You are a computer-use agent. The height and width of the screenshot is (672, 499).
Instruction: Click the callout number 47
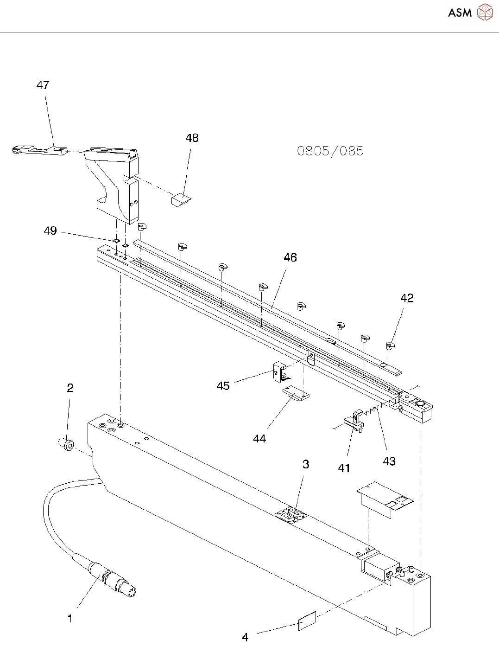tap(43, 85)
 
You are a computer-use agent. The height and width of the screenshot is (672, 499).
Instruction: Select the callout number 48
tap(192, 138)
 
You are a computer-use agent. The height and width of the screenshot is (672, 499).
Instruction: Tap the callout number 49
tap(50, 231)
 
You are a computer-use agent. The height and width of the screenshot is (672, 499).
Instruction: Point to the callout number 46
tap(290, 257)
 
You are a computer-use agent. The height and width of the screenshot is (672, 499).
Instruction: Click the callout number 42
tap(407, 298)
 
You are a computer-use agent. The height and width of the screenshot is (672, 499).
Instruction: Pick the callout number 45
tap(223, 386)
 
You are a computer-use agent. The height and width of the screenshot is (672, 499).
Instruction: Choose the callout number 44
tap(259, 438)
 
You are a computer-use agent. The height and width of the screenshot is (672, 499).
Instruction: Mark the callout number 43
tap(389, 461)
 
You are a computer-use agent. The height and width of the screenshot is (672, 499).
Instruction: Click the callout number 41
tap(344, 468)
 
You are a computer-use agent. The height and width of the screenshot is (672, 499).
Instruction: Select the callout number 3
tap(306, 464)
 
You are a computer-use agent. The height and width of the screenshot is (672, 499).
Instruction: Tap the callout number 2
tap(70, 388)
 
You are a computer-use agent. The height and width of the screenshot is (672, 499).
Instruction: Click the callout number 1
tap(70, 618)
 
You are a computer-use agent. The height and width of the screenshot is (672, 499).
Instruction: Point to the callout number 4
tap(245, 637)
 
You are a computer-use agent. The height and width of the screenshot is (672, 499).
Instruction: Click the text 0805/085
tap(330, 151)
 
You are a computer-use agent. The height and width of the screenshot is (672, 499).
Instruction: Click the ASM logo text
tap(460, 13)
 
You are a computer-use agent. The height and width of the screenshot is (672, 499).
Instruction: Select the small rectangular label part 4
tap(307, 621)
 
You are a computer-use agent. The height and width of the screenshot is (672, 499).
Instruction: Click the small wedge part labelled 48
tap(181, 200)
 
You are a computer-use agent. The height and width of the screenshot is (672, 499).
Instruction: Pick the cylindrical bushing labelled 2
tap(67, 444)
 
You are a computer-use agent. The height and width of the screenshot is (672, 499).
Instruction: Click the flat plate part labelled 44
tap(295, 394)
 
